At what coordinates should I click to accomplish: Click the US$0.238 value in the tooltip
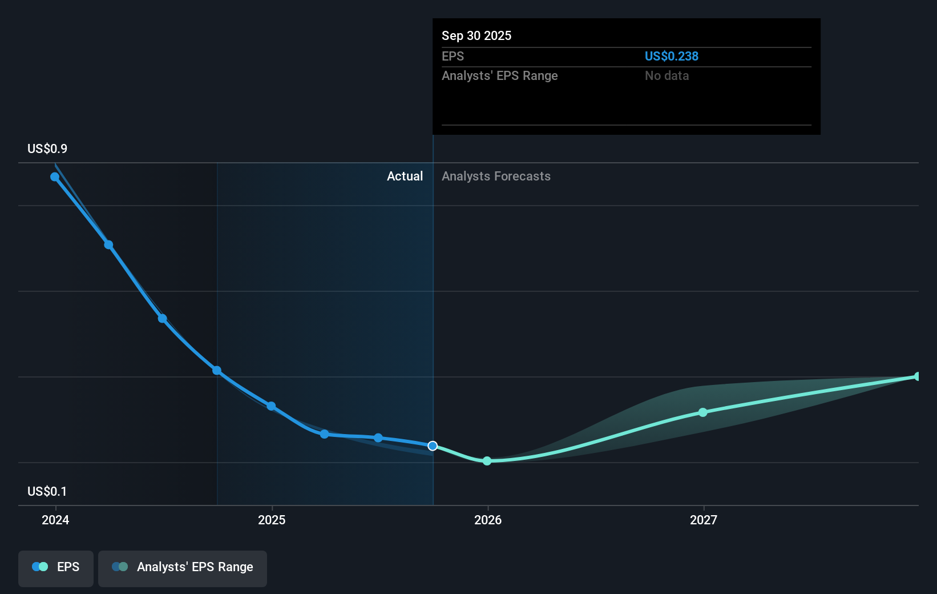(x=671, y=56)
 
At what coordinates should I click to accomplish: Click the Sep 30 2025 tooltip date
(x=476, y=35)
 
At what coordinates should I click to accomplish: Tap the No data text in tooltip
(x=667, y=75)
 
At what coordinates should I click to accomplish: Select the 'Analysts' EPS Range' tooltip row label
(x=499, y=75)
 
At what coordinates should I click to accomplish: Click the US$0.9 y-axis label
(x=47, y=148)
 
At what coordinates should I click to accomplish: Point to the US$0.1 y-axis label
(x=47, y=491)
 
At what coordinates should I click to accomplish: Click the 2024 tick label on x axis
(x=55, y=520)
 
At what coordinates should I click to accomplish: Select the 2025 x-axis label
(x=272, y=520)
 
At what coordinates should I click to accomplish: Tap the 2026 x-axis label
(x=488, y=520)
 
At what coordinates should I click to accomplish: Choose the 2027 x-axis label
(x=703, y=520)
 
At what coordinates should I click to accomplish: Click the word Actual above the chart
(x=405, y=176)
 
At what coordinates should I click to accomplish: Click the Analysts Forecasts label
(x=496, y=176)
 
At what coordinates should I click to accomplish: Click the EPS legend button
(x=56, y=567)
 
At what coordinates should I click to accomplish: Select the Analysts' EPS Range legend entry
(x=183, y=567)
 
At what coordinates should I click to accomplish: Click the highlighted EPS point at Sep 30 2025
(x=433, y=445)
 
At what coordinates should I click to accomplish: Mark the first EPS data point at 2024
(x=55, y=177)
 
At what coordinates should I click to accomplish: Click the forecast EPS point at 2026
(x=487, y=461)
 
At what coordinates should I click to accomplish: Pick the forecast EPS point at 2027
(x=703, y=412)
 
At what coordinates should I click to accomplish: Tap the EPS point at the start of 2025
(x=271, y=406)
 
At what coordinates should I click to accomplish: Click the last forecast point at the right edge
(x=917, y=376)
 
